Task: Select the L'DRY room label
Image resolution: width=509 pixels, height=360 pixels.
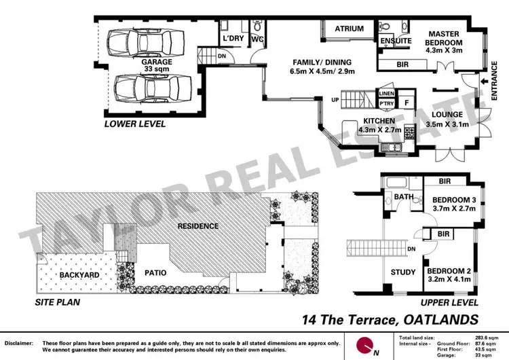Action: pyautogui.click(x=233, y=39)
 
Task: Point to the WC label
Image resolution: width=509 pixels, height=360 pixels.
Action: pyautogui.click(x=257, y=39)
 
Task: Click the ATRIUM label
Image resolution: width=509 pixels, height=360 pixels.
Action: pyautogui.click(x=349, y=29)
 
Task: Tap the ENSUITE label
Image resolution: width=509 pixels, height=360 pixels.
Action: pyautogui.click(x=396, y=41)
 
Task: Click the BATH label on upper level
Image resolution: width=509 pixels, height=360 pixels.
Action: pyautogui.click(x=404, y=198)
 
